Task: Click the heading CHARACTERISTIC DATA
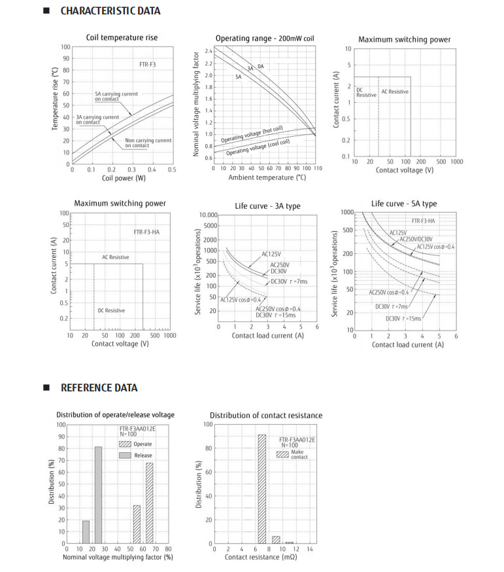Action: [110, 11]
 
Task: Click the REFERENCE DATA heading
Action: [99, 387]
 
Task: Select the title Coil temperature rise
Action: [122, 38]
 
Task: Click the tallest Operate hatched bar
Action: [150, 504]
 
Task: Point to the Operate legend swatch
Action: [125, 444]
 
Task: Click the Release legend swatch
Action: [125, 455]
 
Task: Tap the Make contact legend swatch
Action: [282, 454]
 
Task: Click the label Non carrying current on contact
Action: [148, 143]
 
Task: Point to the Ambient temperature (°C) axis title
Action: [267, 177]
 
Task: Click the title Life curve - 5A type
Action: [403, 204]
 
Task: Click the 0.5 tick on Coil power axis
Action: [173, 170]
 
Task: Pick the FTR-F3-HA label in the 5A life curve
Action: [423, 221]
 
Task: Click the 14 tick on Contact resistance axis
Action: [310, 549]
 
